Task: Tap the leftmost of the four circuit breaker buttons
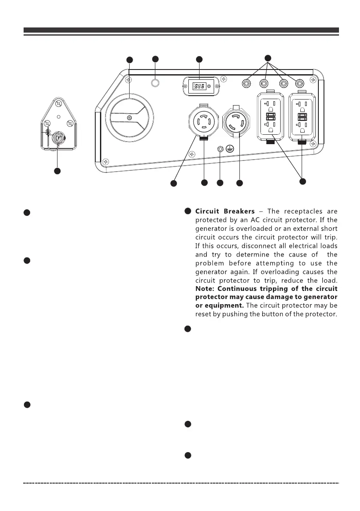tap(247, 83)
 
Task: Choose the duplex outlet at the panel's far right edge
tap(303, 116)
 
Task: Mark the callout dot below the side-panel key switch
tap(57, 171)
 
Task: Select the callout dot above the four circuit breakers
tap(268, 57)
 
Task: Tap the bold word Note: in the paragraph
tap(205, 287)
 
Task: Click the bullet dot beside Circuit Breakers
tap(188, 211)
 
